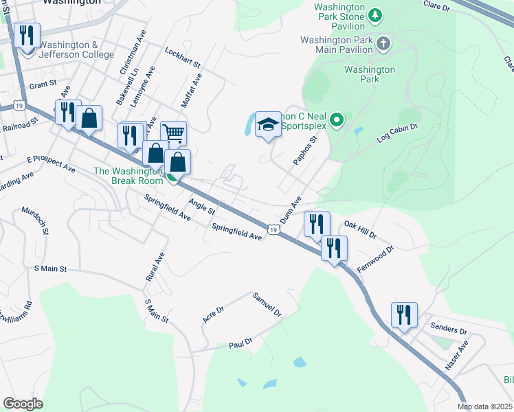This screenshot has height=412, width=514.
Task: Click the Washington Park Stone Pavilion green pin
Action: click(x=375, y=14)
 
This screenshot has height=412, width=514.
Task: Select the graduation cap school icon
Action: click(x=268, y=124)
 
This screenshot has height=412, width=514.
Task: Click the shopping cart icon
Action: click(x=173, y=133)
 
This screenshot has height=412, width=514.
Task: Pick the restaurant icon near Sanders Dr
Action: click(x=404, y=314)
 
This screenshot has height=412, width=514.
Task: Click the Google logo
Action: click(x=23, y=404)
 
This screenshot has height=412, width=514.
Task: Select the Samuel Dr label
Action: click(x=267, y=304)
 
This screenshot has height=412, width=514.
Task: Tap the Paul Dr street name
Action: click(x=241, y=341)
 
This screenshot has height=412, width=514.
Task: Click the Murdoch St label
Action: click(x=35, y=222)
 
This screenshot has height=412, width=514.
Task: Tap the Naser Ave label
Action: click(x=456, y=355)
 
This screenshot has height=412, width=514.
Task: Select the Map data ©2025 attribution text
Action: click(x=485, y=407)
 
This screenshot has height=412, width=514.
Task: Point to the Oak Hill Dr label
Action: click(x=361, y=229)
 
